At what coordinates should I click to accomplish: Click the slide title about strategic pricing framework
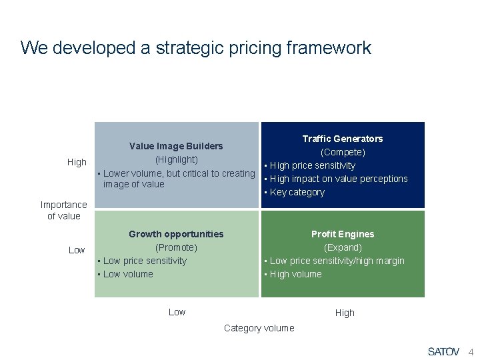[x=195, y=48]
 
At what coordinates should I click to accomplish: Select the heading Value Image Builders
[x=176, y=146]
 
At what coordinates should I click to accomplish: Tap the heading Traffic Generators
[x=343, y=139]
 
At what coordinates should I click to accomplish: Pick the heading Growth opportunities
[x=176, y=234]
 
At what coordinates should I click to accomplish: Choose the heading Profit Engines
[x=343, y=234]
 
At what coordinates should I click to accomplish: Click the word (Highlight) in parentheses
[x=176, y=159]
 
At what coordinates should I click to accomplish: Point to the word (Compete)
[x=343, y=152]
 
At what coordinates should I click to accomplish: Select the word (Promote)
[x=176, y=247]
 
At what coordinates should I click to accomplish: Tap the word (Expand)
[x=343, y=247]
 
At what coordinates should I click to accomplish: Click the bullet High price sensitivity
[x=312, y=165]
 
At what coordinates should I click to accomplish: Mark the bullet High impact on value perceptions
[x=338, y=179]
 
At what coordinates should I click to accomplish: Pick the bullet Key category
[x=297, y=192]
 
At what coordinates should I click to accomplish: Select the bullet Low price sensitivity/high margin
[x=337, y=261]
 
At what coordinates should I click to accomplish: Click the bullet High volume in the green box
[x=295, y=274]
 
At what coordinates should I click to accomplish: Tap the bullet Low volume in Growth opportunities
[x=128, y=274]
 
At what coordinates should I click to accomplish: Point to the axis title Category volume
[x=259, y=328]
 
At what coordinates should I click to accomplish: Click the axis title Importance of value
[x=63, y=210]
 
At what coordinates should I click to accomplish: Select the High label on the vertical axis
[x=77, y=162]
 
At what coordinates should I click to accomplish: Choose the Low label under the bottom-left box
[x=177, y=312]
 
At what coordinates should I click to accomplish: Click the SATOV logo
[x=443, y=351]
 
